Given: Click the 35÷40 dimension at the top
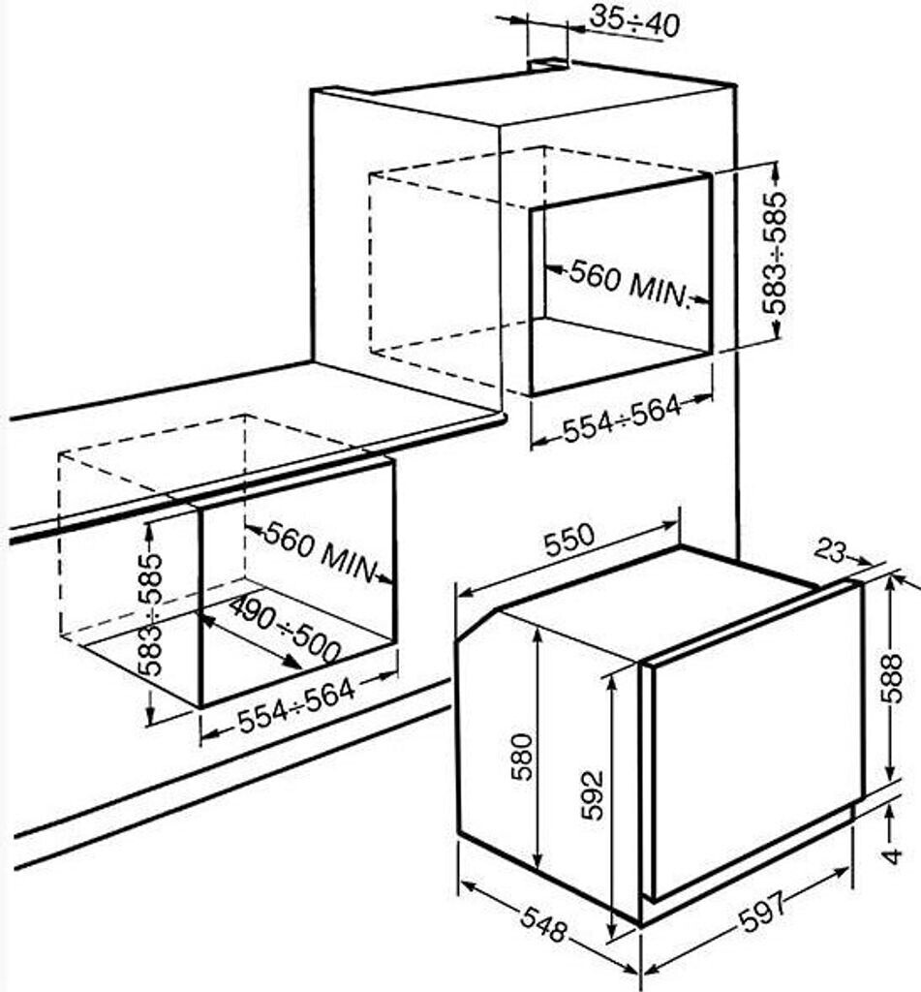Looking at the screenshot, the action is (633, 22).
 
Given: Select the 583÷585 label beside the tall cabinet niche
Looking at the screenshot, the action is (775, 253).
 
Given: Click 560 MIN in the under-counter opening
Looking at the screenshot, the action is (320, 551).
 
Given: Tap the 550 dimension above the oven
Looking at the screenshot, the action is (569, 540).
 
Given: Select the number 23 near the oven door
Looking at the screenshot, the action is (829, 550).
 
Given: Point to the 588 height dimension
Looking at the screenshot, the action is (892, 678).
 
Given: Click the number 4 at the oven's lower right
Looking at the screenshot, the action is (893, 856).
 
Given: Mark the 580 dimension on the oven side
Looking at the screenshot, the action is (523, 757).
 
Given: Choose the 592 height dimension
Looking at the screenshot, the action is (592, 794).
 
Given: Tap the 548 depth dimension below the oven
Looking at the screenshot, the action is (542, 924).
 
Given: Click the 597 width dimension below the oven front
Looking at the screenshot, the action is (763, 911).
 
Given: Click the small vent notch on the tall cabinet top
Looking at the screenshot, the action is (549, 63).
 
